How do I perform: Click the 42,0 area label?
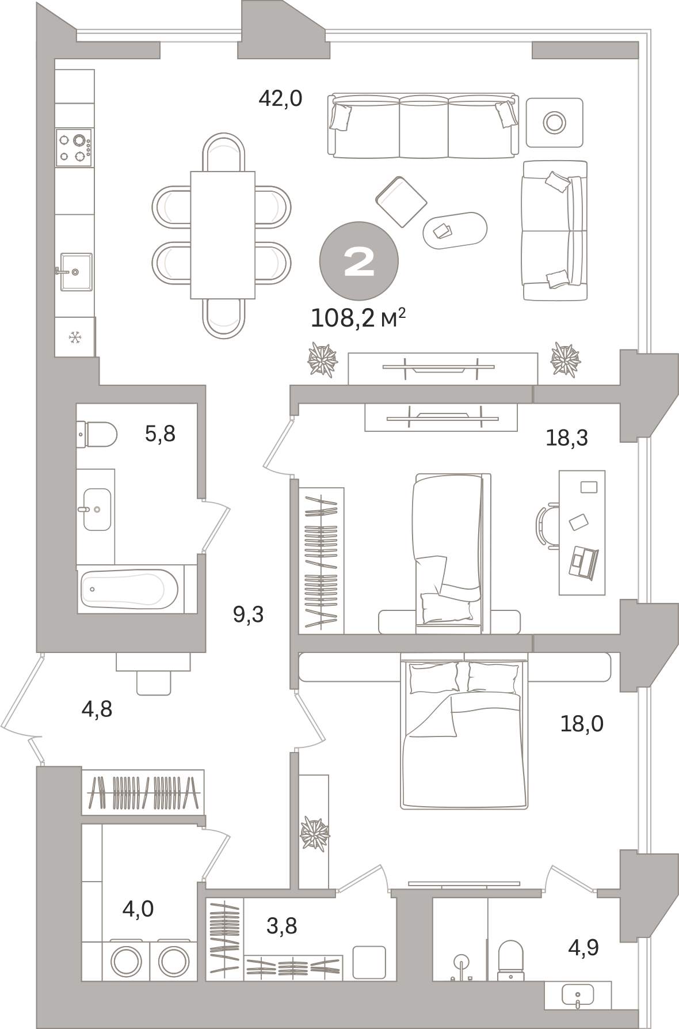click(280, 99)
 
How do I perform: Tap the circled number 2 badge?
click(358, 261)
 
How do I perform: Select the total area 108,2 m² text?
click(358, 318)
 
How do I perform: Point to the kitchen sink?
click(74, 271)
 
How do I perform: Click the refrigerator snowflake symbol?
click(74, 337)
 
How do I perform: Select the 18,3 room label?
click(567, 439)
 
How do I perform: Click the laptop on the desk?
click(583, 561)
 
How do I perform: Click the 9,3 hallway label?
click(248, 614)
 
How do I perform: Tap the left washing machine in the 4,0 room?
click(125, 960)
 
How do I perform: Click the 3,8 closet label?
click(281, 925)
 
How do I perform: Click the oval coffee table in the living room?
click(455, 230)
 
